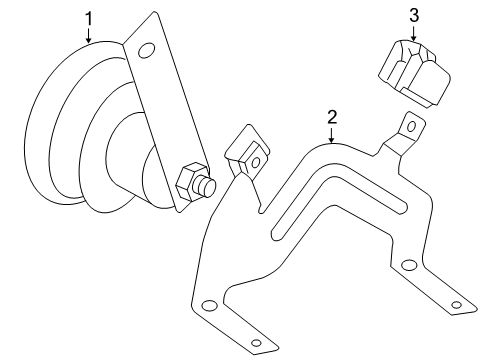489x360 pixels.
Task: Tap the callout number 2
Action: [x=331, y=117]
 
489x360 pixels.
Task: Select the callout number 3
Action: [x=413, y=14]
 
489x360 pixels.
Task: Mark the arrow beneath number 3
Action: [x=413, y=33]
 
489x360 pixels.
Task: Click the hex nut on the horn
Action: [x=189, y=184]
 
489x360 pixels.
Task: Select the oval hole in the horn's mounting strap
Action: [x=146, y=51]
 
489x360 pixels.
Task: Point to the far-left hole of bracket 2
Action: [x=207, y=305]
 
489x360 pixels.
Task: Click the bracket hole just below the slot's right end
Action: [x=408, y=265]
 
